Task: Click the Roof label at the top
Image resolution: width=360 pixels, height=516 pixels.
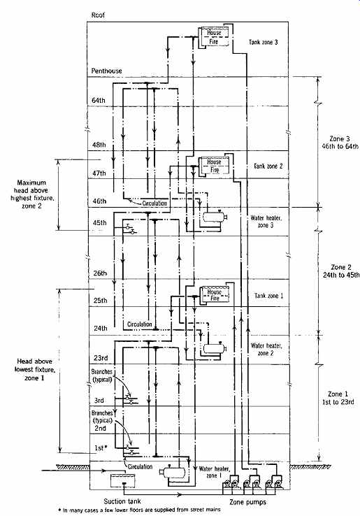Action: click(x=99, y=15)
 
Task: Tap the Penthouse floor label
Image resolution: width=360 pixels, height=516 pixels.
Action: click(x=107, y=71)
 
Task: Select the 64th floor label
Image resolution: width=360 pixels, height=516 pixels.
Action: click(x=99, y=101)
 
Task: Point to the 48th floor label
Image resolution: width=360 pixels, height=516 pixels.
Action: click(x=99, y=145)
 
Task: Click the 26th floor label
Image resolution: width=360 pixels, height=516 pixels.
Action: click(x=100, y=273)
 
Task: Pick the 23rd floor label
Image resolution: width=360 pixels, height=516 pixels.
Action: click(x=101, y=358)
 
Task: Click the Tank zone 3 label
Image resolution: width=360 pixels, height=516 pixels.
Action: click(x=264, y=42)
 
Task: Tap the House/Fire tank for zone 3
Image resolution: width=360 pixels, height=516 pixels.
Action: click(x=214, y=37)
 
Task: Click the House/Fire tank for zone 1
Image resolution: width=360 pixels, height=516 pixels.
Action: click(x=214, y=295)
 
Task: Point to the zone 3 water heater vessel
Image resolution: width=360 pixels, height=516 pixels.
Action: click(x=215, y=217)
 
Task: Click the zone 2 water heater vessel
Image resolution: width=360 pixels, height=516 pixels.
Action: click(x=215, y=347)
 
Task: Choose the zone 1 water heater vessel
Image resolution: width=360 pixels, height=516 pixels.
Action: click(x=173, y=473)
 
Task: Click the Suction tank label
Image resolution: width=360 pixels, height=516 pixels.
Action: click(x=122, y=501)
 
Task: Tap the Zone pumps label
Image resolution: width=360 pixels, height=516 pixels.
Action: click(x=247, y=502)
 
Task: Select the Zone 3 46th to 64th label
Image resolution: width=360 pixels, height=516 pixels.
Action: click(x=340, y=143)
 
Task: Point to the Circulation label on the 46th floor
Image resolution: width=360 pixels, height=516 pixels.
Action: click(x=154, y=203)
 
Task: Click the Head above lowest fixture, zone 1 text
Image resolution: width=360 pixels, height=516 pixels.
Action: click(x=35, y=370)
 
